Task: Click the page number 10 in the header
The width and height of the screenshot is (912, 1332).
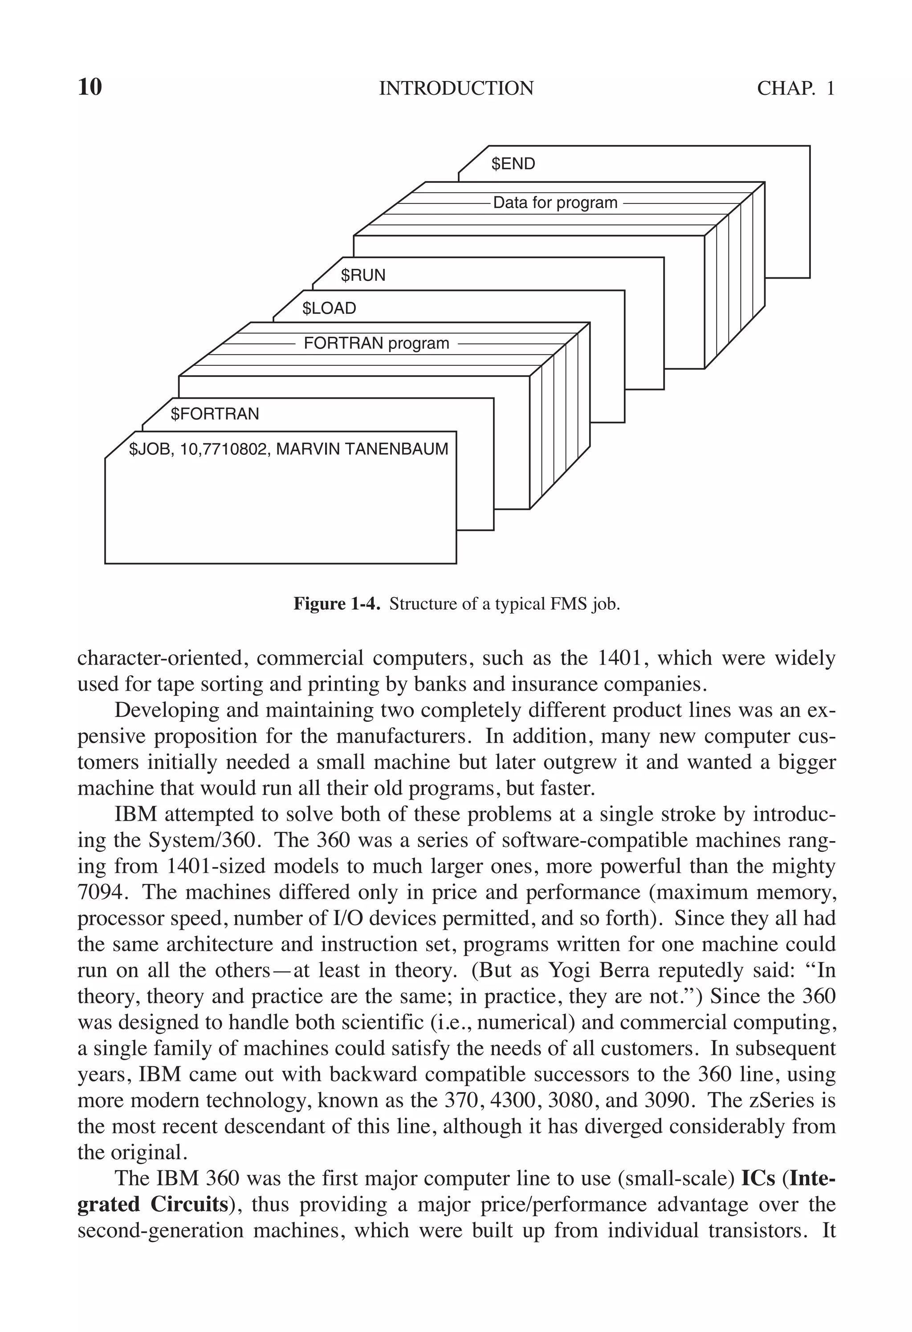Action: pyautogui.click(x=90, y=87)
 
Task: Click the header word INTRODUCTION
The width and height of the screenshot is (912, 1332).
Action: pyautogui.click(x=456, y=88)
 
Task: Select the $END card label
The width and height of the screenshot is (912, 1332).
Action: pyautogui.click(x=513, y=164)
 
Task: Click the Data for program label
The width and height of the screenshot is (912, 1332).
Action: pyautogui.click(x=555, y=203)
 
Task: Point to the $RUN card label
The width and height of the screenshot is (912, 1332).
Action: pyautogui.click(x=363, y=275)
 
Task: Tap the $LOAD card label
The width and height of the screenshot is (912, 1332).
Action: pyautogui.click(x=329, y=309)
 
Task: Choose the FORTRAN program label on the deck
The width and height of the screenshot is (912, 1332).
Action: pyautogui.click(x=376, y=343)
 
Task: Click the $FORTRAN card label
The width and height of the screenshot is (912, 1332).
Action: pyautogui.click(x=215, y=414)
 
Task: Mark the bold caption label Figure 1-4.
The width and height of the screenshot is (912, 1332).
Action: pyautogui.click(x=337, y=603)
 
